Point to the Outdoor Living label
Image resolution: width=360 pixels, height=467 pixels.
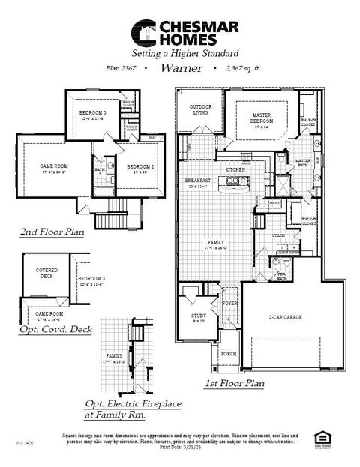[200, 109]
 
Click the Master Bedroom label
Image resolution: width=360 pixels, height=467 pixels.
[260, 118]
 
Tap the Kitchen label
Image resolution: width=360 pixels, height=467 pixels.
[235, 170]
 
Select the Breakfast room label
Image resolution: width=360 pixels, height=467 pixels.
[198, 182]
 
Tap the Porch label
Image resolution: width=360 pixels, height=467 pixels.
[229, 353]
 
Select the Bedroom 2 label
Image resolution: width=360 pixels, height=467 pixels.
[139, 167]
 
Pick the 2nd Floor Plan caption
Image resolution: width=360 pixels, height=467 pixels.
[51, 232]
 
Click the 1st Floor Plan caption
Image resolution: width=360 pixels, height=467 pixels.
[235, 383]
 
